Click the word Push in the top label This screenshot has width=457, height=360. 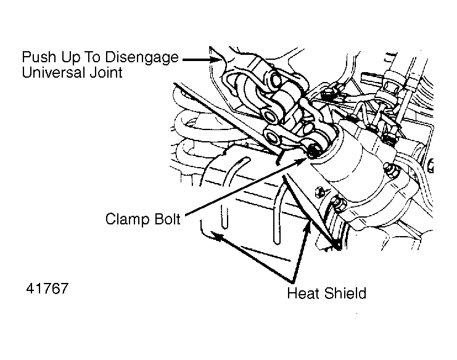click(x=39, y=57)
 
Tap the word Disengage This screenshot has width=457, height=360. click(x=142, y=58)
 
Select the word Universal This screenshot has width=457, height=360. click(x=54, y=73)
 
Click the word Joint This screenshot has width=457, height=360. click(x=106, y=73)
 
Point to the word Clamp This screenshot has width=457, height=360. click(x=127, y=219)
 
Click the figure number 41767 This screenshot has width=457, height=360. click(x=47, y=288)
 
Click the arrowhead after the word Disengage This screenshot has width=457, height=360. click(x=215, y=59)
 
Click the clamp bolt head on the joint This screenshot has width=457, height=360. click(x=313, y=152)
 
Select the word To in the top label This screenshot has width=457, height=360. click(x=92, y=57)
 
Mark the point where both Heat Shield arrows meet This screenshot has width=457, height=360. click(x=292, y=282)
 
